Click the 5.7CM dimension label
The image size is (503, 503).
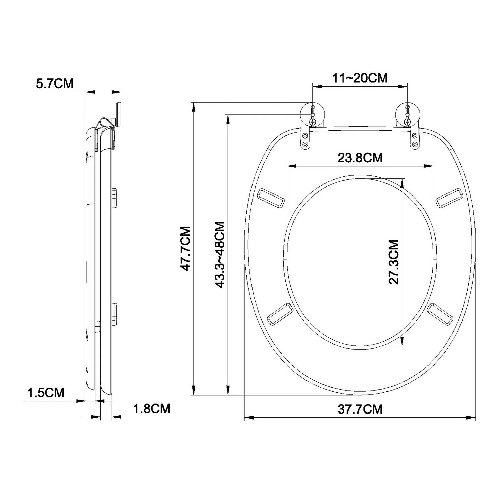pos(55,83)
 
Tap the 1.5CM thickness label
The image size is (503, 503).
pos(46,392)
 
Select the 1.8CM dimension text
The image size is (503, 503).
pos(152,409)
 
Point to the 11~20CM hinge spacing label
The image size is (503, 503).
pos(360,78)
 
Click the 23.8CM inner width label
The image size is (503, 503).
pos(360,157)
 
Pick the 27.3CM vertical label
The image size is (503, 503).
pos(394,262)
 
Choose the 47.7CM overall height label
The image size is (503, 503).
pos(185,248)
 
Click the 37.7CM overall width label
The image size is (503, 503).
pos(360,409)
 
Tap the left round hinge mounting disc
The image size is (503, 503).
pos(313,115)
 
